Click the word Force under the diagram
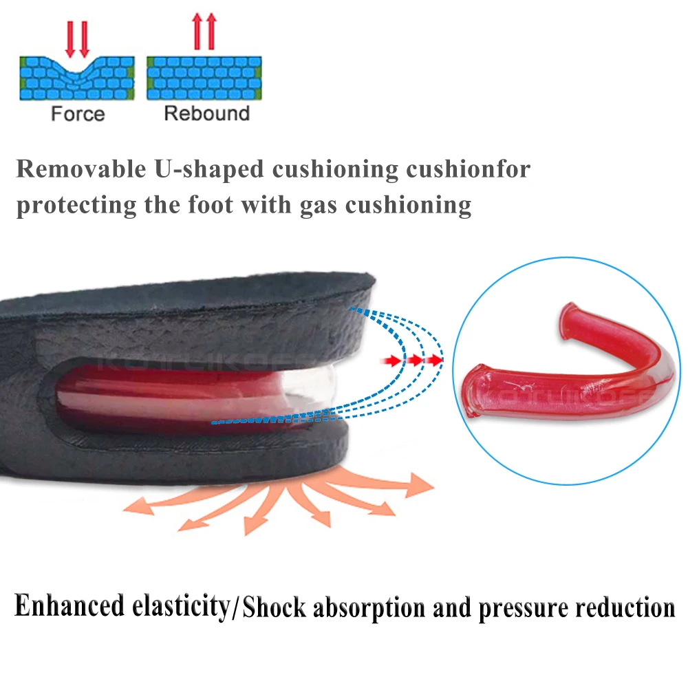click(78, 114)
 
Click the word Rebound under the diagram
click(206, 114)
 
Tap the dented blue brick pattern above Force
click(76, 78)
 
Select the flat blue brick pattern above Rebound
click(204, 78)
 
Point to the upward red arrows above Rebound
click(205, 32)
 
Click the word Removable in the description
click(76, 169)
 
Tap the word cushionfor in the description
click(468, 169)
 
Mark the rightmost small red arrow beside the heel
click(433, 359)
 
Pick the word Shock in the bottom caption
click(272, 608)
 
